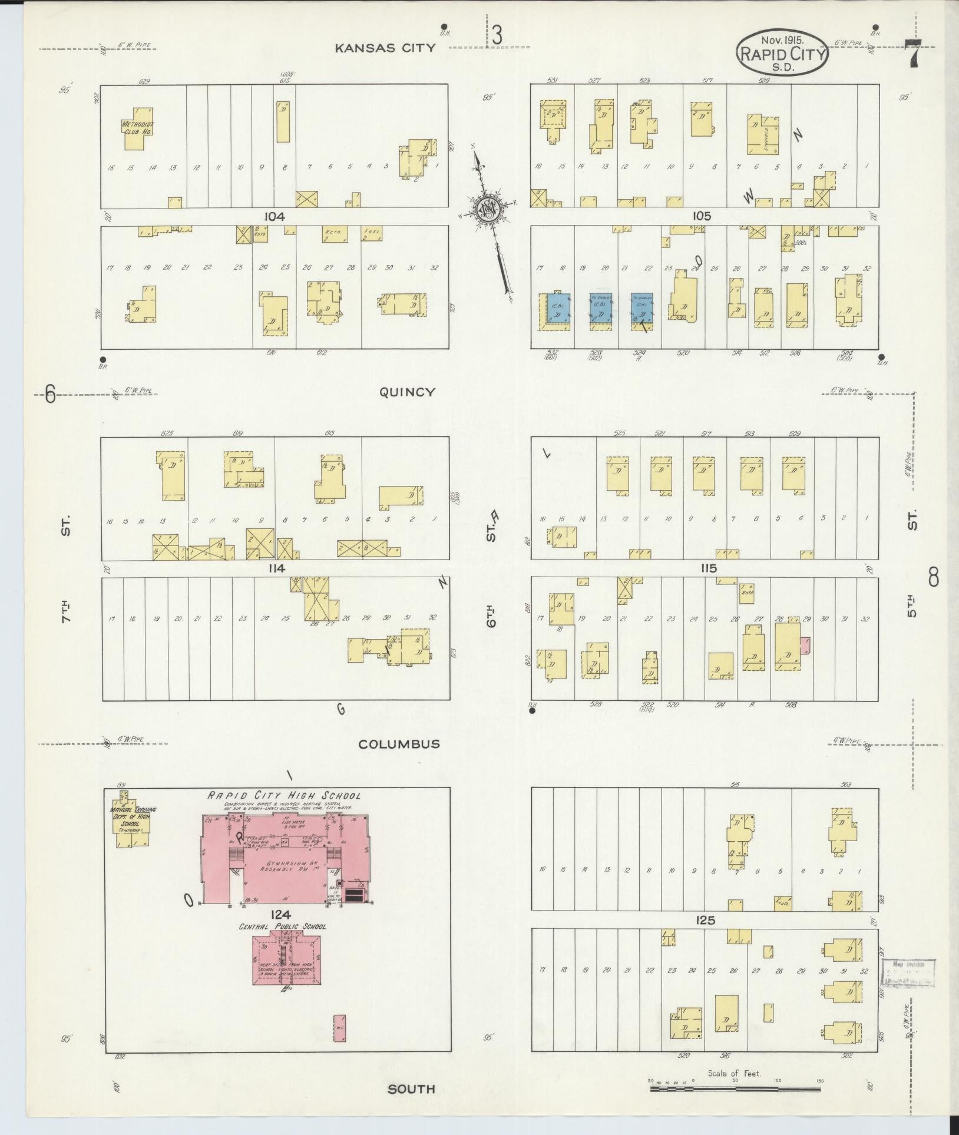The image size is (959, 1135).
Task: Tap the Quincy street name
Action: click(x=406, y=392)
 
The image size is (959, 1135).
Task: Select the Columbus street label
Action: click(x=399, y=744)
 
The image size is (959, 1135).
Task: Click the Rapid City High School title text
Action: click(x=283, y=795)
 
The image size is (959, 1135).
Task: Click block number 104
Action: click(x=275, y=217)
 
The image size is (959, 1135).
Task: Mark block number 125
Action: click(x=705, y=920)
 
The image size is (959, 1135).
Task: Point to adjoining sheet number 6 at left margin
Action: click(x=51, y=393)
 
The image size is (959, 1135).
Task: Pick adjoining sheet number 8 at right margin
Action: click(x=934, y=577)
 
